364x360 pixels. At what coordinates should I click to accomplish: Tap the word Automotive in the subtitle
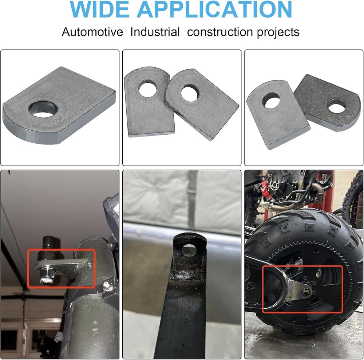coord(92,32)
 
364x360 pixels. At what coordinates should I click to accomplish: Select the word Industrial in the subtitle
coord(155,32)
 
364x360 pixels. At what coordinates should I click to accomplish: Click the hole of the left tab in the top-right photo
coord(271,100)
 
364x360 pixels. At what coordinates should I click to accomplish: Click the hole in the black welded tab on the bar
coord(189,250)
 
